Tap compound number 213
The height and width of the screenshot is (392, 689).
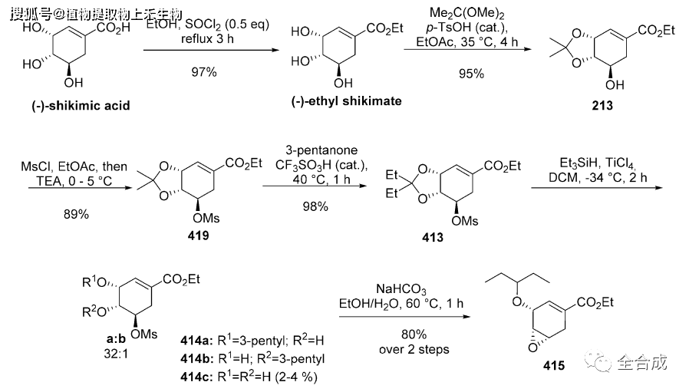pos(602,106)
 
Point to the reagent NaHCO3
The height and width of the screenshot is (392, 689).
pos(401,288)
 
